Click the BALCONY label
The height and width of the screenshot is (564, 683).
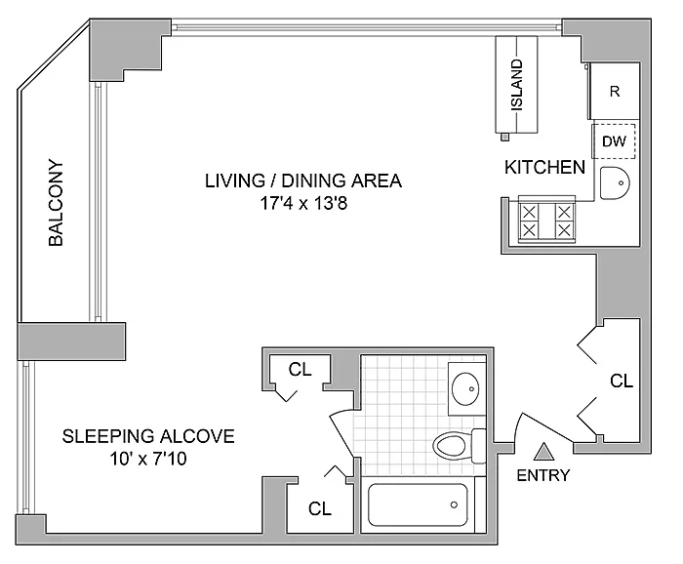point(56,203)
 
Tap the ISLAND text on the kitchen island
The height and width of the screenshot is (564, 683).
point(516,85)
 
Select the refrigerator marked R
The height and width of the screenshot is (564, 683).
point(614,91)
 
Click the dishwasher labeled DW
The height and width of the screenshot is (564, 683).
point(614,141)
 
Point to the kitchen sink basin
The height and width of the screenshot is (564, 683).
point(615,183)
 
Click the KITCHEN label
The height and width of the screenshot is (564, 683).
point(544,167)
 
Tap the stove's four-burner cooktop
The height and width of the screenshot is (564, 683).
point(546,222)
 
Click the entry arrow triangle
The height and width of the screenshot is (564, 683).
point(544,452)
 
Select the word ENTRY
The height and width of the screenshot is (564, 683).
point(543,475)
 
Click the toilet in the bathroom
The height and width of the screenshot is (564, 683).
point(460,446)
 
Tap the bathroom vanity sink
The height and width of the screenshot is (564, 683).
point(465,389)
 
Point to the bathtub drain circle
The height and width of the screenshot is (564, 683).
point(454,504)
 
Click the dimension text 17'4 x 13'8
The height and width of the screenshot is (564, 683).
point(303,203)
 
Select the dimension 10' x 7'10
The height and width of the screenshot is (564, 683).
point(148,459)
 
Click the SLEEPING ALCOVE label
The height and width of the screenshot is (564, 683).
point(148,436)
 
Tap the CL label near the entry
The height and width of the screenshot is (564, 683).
point(622,382)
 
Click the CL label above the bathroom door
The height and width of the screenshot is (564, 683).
point(301,370)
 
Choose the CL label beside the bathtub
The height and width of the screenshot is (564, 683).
point(320,508)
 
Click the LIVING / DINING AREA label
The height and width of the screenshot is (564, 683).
point(303,181)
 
